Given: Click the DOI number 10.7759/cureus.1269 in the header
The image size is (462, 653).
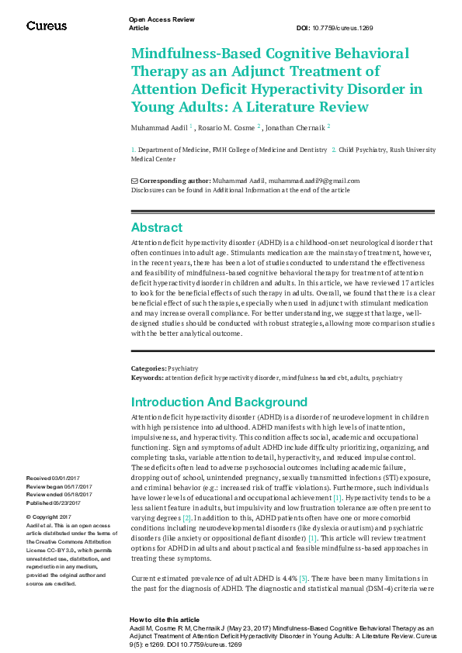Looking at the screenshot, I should [x=345, y=28].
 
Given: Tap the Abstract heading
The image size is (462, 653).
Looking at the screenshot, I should [x=157, y=227].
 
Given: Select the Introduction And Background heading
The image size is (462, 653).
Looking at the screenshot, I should [x=219, y=402].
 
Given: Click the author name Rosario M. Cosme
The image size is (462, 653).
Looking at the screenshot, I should [x=226, y=126].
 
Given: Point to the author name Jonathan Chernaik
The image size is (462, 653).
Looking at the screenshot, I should [x=294, y=126].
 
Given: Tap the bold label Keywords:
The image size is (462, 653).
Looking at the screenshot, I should [x=147, y=378].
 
